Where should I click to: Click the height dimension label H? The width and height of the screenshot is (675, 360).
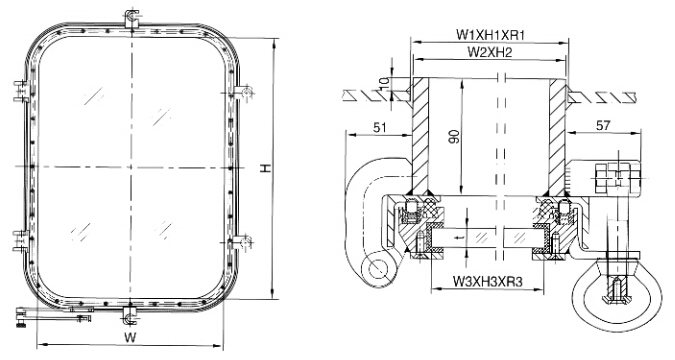(263, 170)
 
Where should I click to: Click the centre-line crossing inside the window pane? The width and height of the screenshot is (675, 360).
(129, 165)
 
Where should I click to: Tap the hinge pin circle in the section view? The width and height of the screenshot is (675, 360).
(374, 268)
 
